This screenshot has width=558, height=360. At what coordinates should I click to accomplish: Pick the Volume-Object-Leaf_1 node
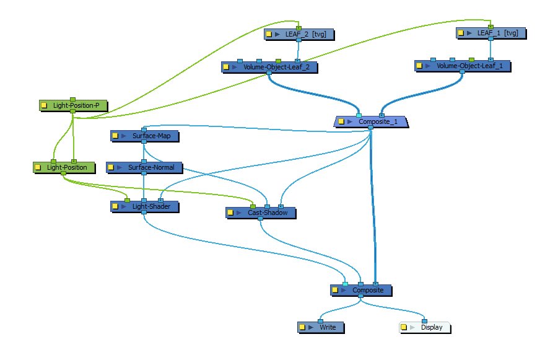coord(467,66)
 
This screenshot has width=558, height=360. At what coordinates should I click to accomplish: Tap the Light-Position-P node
coord(76,105)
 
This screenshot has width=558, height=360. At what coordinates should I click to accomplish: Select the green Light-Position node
coord(66,167)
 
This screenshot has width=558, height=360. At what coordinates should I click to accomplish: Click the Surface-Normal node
coord(150,167)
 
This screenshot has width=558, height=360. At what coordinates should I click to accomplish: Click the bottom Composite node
coord(367,289)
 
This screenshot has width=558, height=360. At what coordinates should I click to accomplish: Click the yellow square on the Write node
coord(302,327)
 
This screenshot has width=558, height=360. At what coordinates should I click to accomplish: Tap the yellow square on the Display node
coord(404,327)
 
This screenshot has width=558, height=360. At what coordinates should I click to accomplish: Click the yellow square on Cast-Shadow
coord(230,213)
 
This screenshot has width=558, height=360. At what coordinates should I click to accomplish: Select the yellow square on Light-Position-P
coord(44,105)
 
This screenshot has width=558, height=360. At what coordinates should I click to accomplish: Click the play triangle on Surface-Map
coord(124,135)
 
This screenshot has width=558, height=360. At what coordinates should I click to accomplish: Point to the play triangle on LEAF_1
coord(469,33)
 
